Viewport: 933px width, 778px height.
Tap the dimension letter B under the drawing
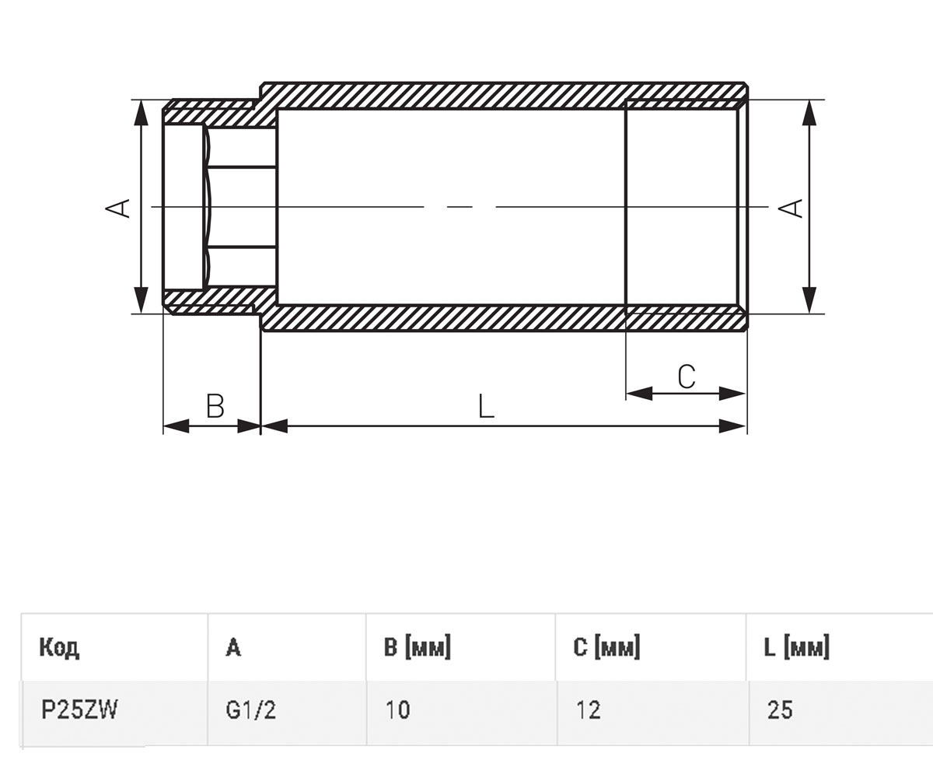[215, 405]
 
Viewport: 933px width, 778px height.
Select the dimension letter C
[687, 377]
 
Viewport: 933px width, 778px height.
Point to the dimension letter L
[486, 405]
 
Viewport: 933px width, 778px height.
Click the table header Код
[59, 647]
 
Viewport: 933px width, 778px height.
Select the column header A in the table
[233, 647]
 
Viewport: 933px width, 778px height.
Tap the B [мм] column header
[418, 647]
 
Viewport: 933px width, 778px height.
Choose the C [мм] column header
[606, 647]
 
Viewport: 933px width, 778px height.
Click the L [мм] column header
[796, 647]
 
